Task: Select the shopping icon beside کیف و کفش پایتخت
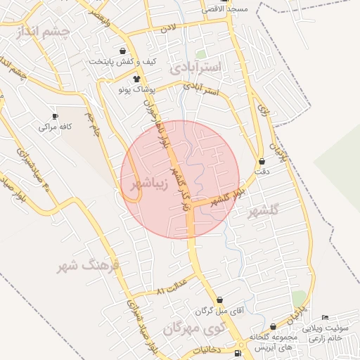[124, 51]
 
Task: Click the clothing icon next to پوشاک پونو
[136, 79]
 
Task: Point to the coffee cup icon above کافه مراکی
[56, 116]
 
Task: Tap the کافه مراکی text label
[57, 127]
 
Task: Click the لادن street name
[167, 29]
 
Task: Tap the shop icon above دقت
[262, 161]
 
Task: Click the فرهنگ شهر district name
[91, 266]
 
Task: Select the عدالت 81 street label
[172, 287]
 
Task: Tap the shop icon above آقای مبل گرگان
[220, 300]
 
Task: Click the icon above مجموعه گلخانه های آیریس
[273, 326]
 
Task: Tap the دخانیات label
[205, 349]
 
